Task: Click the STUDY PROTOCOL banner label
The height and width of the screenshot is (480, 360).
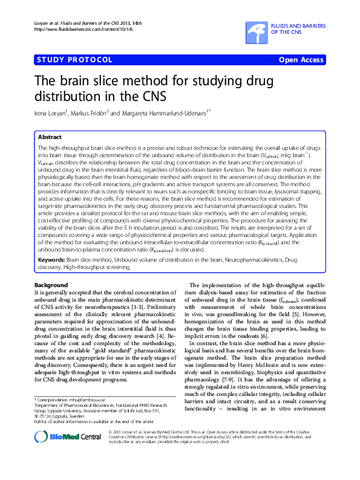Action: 74,59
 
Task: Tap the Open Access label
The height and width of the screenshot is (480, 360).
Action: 302,59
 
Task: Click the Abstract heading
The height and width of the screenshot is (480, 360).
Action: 50,137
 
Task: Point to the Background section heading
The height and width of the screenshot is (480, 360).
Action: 51,285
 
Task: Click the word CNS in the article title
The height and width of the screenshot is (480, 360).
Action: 152,96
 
